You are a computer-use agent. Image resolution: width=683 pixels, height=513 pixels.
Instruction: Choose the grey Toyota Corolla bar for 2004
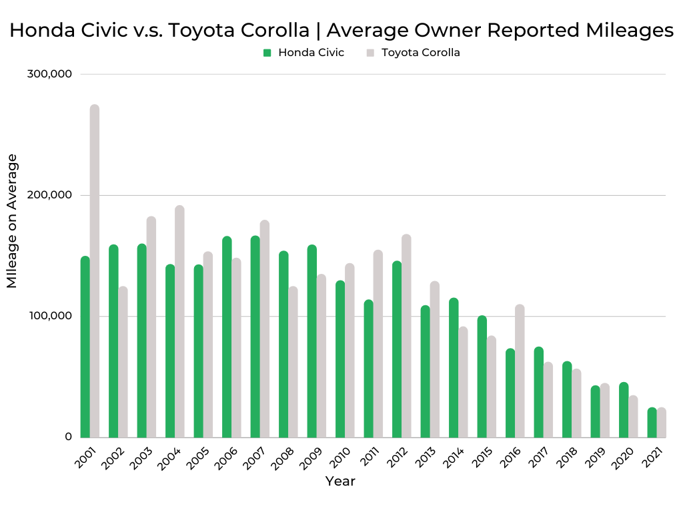[179, 321]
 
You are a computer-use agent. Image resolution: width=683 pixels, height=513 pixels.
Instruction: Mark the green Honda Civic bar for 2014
[454, 367]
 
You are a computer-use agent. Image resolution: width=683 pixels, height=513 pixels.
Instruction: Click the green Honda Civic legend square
[267, 53]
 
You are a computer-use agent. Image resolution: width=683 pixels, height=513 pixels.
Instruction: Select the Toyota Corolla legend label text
[420, 53]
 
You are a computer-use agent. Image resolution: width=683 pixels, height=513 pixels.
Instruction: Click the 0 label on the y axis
[68, 436]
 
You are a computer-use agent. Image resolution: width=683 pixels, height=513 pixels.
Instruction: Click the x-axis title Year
[340, 482]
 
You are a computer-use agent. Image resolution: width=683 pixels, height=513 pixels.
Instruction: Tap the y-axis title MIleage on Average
[12, 220]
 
